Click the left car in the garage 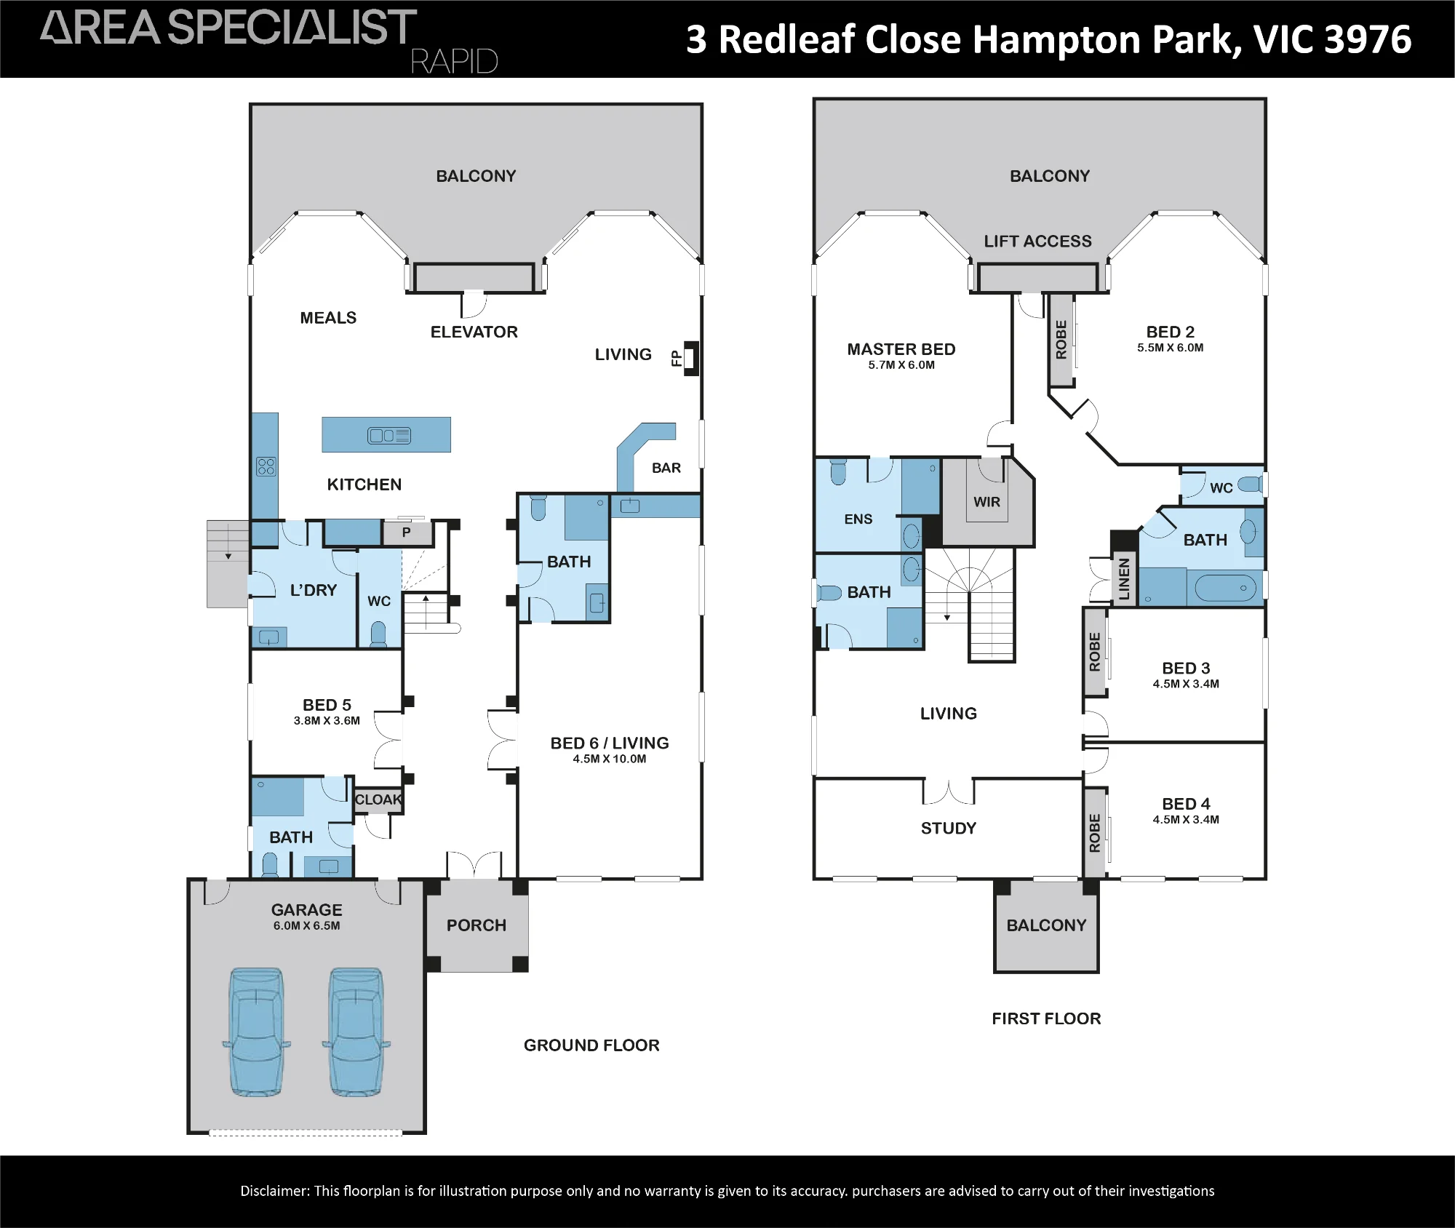[x=256, y=1032]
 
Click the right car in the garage [x=356, y=1032]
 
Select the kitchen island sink [x=389, y=436]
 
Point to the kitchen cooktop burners [x=266, y=466]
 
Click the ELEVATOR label [x=474, y=332]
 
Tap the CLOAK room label [x=378, y=800]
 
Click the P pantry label [x=406, y=533]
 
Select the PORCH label [x=477, y=925]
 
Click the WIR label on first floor [x=987, y=502]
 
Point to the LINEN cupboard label [x=1125, y=579]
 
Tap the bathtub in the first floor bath [x=1225, y=588]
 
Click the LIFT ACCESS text [x=1038, y=242]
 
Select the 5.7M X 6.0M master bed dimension [x=901, y=365]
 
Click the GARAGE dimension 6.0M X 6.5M [x=307, y=926]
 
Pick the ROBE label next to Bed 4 [x=1095, y=833]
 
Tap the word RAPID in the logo [x=455, y=61]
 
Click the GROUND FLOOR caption [x=591, y=1045]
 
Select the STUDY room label [x=949, y=828]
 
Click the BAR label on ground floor [x=666, y=468]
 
